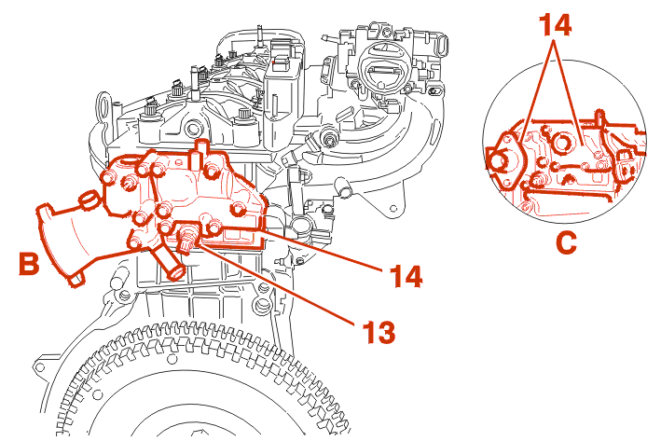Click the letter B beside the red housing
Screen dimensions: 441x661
coord(30,265)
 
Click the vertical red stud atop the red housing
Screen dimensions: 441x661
coord(202,150)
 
